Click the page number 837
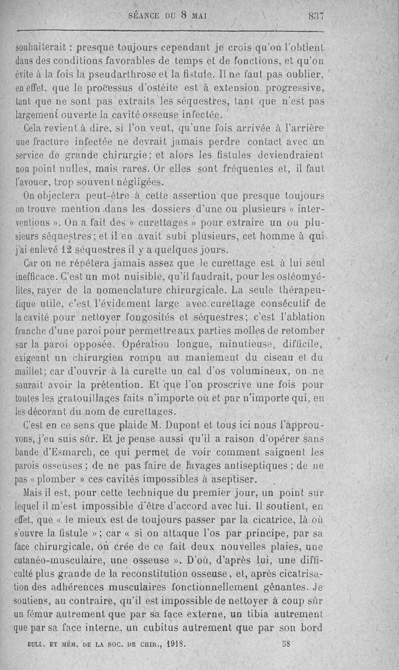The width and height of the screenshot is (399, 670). (316, 16)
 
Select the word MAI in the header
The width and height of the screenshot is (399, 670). (198, 16)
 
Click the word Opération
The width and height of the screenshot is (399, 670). (143, 343)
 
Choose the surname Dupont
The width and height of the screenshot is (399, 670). (180, 425)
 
